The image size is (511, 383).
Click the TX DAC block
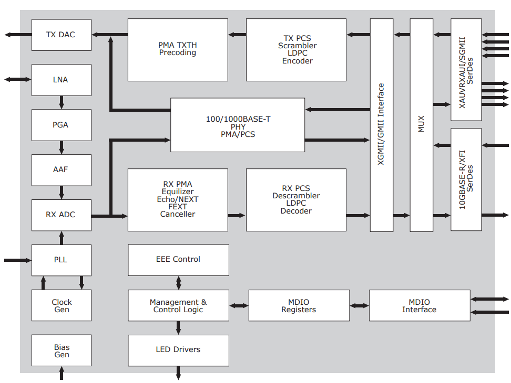[61, 35]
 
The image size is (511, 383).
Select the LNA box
[61, 80]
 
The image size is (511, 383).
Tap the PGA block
[61, 125]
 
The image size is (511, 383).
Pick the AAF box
[61, 170]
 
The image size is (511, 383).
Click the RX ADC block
[61, 215]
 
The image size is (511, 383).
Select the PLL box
[61, 260]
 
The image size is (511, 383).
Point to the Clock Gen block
[61, 305]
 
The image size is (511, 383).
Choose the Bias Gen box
[61, 350]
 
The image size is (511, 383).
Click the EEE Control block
[178, 260]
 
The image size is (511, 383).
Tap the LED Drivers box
[178, 350]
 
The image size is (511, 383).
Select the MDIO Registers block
[299, 305]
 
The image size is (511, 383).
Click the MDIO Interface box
[419, 305]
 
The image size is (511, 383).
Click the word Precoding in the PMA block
[178, 53]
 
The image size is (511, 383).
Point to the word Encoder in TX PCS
[297, 61]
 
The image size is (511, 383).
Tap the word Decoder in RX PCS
[296, 211]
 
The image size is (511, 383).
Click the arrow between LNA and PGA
[62, 102]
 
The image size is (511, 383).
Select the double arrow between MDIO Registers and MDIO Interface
[360, 305]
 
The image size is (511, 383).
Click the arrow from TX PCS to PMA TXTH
[237, 35]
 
